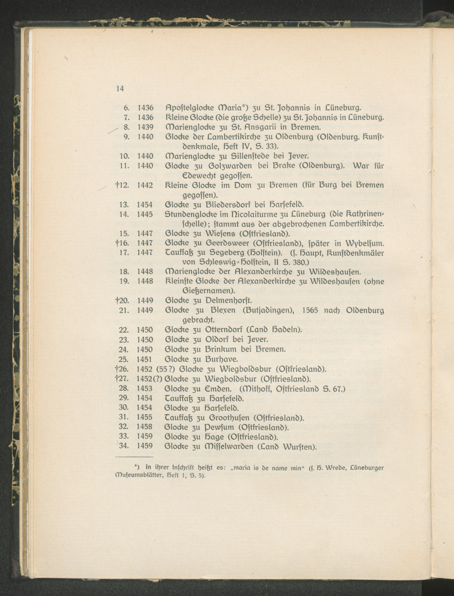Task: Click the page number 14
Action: (x=120, y=89)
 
